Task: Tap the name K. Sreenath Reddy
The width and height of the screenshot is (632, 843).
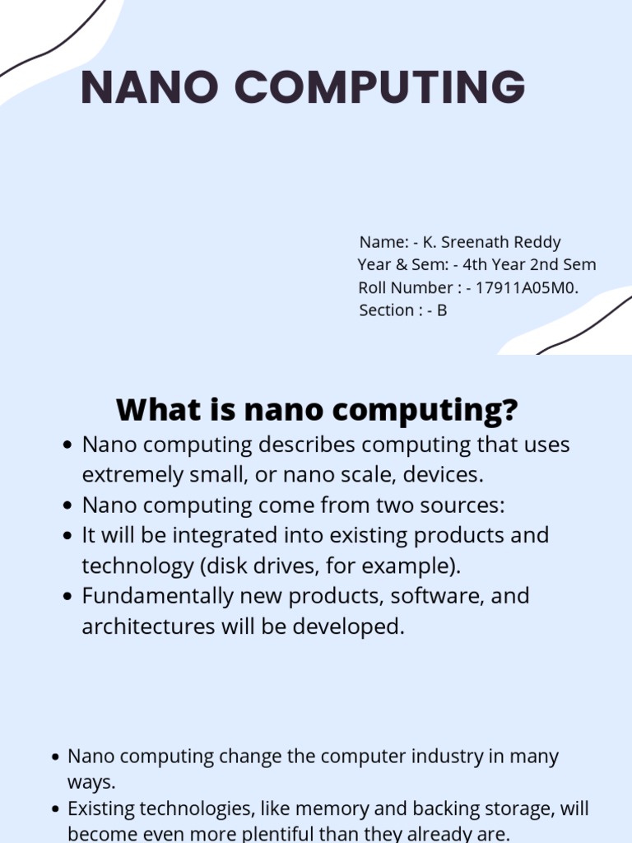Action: pos(491,242)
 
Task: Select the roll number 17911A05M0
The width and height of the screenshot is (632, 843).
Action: pos(527,287)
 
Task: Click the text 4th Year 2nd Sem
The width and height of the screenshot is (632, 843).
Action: pos(529,265)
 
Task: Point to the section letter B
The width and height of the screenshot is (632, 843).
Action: pos(442,310)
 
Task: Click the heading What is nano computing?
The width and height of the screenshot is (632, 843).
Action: pos(317,408)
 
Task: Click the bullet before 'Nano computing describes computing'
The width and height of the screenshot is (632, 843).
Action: pos(69,445)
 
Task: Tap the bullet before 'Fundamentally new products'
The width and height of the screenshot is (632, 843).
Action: pos(69,596)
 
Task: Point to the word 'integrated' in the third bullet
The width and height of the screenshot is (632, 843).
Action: pos(224,535)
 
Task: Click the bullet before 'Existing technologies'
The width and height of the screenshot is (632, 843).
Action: pos(55,808)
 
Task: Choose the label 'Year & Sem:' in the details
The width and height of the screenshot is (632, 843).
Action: pos(402,265)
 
